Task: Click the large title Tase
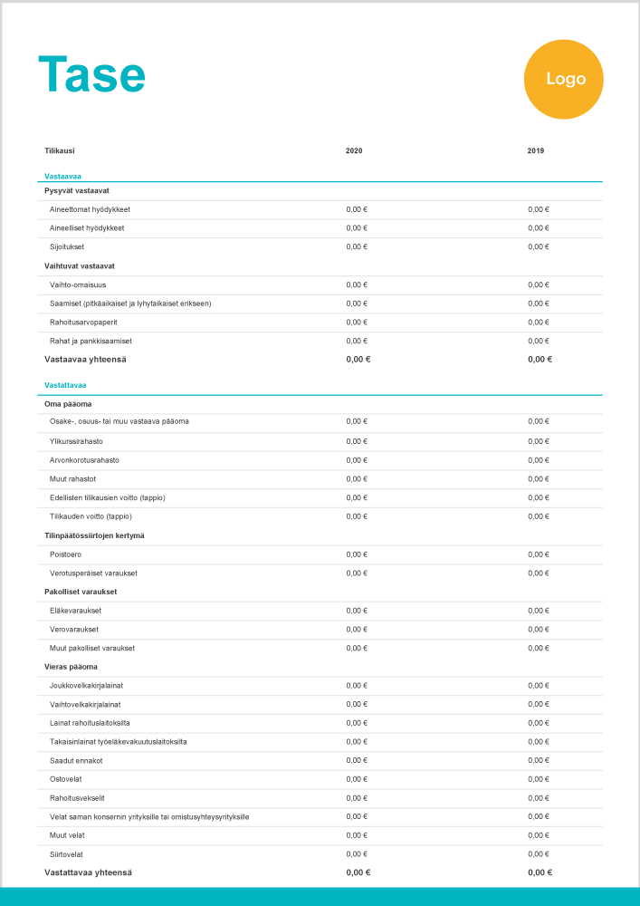click(x=91, y=74)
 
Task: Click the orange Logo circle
click(x=563, y=79)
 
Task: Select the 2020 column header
click(x=354, y=150)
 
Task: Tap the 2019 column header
click(x=536, y=150)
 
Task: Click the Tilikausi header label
click(x=60, y=150)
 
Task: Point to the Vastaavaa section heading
click(x=63, y=176)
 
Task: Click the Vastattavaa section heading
click(x=66, y=385)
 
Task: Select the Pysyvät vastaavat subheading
click(x=77, y=190)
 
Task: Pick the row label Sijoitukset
click(x=67, y=246)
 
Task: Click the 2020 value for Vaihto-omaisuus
click(x=357, y=284)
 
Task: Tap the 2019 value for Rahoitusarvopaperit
click(x=539, y=322)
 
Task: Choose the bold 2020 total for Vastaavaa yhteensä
click(x=358, y=359)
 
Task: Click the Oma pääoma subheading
click(x=68, y=403)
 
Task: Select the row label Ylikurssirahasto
click(x=77, y=441)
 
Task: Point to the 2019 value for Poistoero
click(x=539, y=554)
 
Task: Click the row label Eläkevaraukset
click(x=75, y=610)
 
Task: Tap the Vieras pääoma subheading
click(x=71, y=667)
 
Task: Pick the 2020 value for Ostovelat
click(x=357, y=779)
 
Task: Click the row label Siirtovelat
click(x=66, y=854)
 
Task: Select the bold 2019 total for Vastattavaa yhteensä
click(x=540, y=872)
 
